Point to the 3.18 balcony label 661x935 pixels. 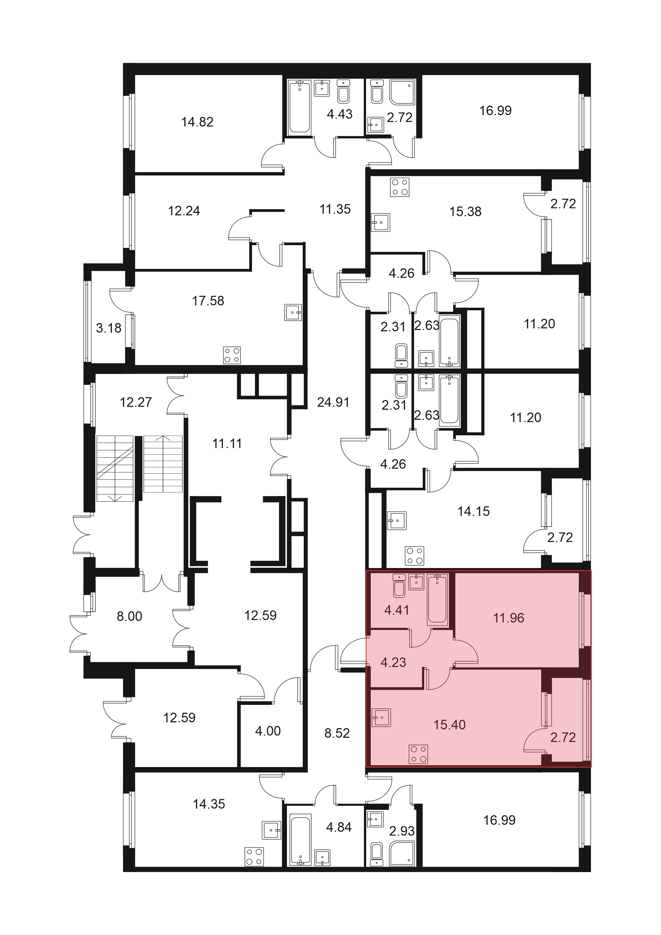pos(109,328)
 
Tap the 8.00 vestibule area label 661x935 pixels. pos(129,616)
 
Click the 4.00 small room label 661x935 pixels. pos(268,731)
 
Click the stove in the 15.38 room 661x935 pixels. pos(399,187)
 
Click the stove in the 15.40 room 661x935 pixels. pos(418,753)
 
